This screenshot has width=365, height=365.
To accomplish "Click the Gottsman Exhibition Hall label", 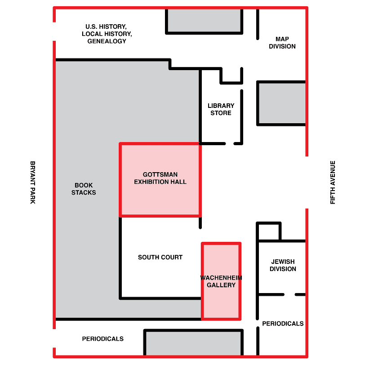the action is click(160, 178).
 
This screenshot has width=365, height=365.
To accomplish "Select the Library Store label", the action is click(221, 109).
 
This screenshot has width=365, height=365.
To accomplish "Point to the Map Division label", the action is click(282, 43).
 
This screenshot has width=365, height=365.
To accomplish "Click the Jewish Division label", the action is click(283, 265).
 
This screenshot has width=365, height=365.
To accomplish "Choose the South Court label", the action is click(160, 257).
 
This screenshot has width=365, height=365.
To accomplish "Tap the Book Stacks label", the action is click(84, 189).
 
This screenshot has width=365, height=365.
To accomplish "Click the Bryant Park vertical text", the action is click(32, 182).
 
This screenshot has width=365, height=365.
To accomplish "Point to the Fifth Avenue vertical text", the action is click(333, 182).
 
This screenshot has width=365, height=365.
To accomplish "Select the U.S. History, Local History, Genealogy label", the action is click(107, 34).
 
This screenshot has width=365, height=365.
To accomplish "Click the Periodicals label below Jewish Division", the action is click(283, 324).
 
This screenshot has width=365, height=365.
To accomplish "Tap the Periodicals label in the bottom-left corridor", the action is click(102, 339).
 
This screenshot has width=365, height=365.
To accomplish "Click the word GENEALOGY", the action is click(107, 41).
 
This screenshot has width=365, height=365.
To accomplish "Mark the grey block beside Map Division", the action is click(281, 103).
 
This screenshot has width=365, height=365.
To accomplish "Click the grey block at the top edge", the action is click(204, 20).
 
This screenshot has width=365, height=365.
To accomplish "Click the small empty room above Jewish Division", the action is click(269, 231).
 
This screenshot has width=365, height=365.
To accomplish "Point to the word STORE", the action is click(221, 113).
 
